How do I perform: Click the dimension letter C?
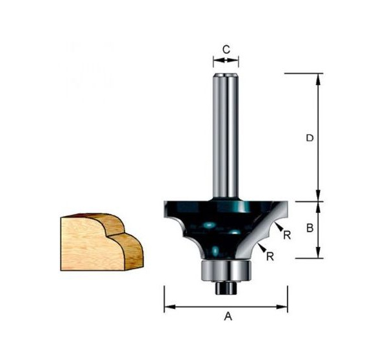(x=226, y=49)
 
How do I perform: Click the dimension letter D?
(x=310, y=138)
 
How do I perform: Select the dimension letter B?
(x=310, y=228)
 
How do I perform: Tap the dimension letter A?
(x=226, y=316)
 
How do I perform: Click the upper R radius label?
(x=286, y=235)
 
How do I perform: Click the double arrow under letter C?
(x=226, y=61)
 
